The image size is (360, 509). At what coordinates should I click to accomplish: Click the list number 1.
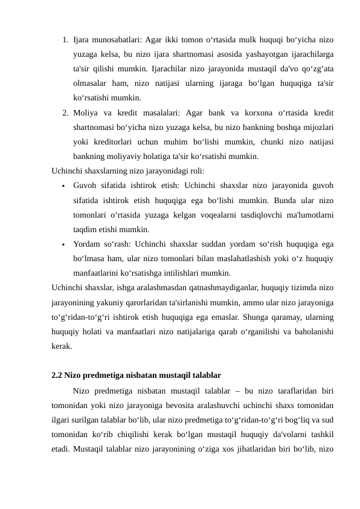(x=64, y=41)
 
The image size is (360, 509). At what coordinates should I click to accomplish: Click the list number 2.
(x=64, y=112)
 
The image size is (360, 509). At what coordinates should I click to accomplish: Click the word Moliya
(x=86, y=112)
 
